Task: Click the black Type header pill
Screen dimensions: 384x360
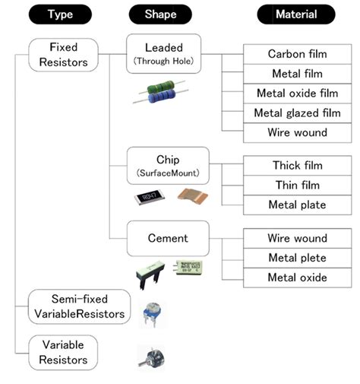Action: click(60, 14)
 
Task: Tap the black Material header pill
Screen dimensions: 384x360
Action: click(297, 14)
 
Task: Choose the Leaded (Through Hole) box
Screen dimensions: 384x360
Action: click(164, 53)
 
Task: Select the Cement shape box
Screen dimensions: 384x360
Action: click(167, 239)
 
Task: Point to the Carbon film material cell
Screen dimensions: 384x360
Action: click(298, 55)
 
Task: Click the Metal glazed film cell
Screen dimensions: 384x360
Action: click(298, 113)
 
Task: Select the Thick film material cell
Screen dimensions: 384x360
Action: click(298, 166)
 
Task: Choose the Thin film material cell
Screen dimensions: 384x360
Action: click(298, 185)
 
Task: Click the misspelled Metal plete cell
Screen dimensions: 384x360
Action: click(298, 258)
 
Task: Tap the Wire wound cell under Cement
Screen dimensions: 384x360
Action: click(298, 239)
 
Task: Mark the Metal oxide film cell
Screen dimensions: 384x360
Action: click(298, 94)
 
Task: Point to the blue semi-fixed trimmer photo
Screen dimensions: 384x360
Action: click(152, 312)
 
